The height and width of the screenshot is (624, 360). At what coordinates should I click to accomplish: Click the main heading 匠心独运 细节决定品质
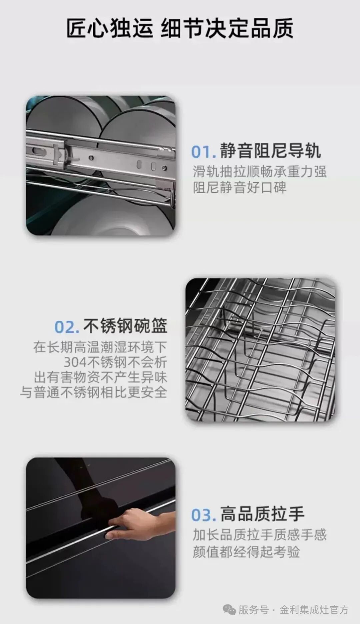tap(180, 28)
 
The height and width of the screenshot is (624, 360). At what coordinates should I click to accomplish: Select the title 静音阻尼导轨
tap(270, 151)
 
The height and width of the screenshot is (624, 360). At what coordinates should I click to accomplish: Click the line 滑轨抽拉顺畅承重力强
tap(259, 172)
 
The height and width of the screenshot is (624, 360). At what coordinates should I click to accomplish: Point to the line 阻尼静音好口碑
tap(239, 187)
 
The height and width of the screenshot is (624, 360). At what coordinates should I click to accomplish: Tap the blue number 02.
tap(67, 327)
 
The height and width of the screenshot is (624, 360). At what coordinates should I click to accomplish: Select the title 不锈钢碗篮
tap(125, 326)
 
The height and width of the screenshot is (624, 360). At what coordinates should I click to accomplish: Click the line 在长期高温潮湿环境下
tap(100, 347)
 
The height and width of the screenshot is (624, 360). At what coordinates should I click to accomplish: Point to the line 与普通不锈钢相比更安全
tap(94, 392)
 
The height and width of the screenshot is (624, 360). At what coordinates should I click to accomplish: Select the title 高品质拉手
tap(262, 514)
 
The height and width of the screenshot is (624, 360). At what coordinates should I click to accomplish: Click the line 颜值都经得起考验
tap(246, 552)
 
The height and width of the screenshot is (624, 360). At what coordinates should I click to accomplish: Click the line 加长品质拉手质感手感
tap(259, 535)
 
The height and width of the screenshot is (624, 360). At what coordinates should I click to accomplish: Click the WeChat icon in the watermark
tap(230, 610)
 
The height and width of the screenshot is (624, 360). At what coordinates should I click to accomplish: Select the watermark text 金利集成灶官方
tap(314, 610)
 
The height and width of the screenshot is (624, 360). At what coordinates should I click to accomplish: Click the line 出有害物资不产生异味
tap(100, 377)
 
